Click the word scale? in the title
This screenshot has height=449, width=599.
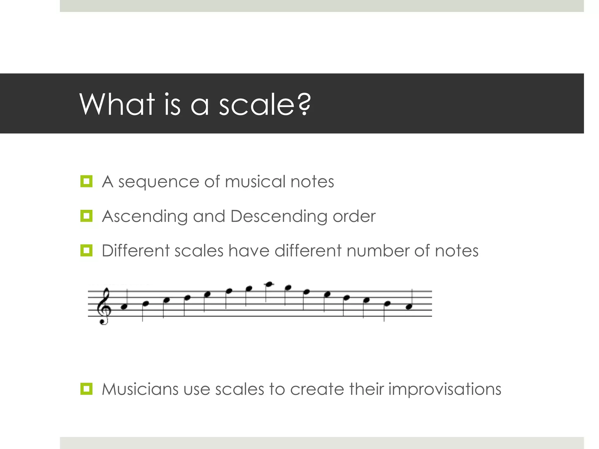[265, 104]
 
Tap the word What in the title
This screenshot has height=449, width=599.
[117, 104]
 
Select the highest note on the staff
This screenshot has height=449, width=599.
[269, 284]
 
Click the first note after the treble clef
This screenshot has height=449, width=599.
[124, 307]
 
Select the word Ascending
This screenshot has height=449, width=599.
[145, 217]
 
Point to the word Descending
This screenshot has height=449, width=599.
[279, 217]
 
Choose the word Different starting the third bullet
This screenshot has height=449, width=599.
[136, 251]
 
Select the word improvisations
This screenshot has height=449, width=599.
[445, 390]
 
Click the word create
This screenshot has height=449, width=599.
[317, 389]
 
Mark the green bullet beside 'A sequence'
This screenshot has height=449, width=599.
[86, 182]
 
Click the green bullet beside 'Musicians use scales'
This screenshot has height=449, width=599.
[86, 389]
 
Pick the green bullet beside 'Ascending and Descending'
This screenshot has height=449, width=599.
[86, 216]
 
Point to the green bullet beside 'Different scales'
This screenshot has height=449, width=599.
[86, 251]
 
